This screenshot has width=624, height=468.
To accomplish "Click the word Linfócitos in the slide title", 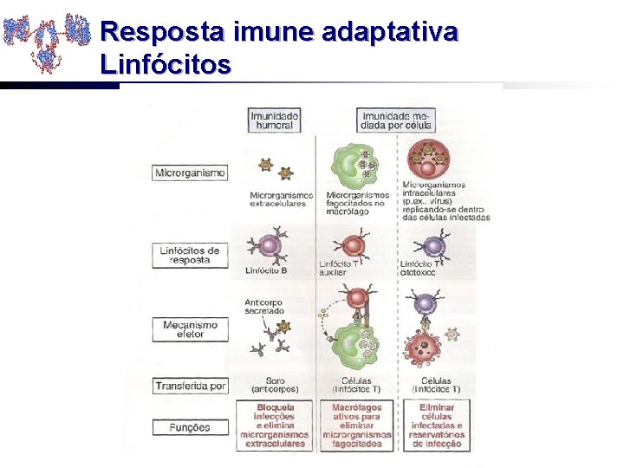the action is click(x=166, y=63).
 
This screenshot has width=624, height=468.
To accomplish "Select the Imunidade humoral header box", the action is click(x=274, y=120).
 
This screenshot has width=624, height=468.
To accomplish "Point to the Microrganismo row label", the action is click(x=190, y=172).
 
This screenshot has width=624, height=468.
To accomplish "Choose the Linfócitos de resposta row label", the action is click(x=190, y=256).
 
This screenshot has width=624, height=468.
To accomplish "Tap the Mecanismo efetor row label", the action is click(x=190, y=329).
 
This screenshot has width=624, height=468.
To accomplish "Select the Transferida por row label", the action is click(x=190, y=386).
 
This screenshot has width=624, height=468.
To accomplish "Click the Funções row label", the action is click(x=190, y=427).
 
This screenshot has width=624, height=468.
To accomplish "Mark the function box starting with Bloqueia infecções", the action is click(x=275, y=425).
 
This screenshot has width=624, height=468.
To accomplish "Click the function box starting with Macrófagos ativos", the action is click(x=355, y=425).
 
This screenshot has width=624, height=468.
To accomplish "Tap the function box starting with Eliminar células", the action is click(x=436, y=425).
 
